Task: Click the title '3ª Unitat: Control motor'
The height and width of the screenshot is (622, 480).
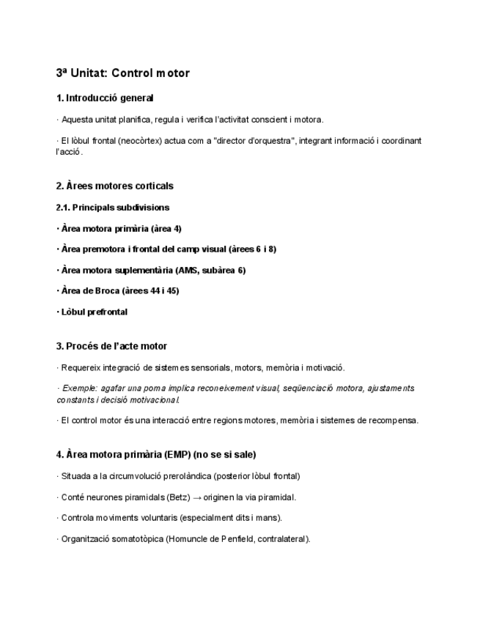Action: tap(122, 73)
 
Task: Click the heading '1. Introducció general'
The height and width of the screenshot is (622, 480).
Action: tap(105, 98)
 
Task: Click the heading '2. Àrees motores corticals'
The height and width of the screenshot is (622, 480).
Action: tap(114, 186)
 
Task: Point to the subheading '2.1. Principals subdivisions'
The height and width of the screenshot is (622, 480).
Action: tap(113, 208)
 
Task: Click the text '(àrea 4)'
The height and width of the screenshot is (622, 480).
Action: tap(166, 229)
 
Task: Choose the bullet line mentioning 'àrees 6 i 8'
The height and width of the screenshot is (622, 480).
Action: tap(166, 249)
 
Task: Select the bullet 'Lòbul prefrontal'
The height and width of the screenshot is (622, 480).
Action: tap(94, 312)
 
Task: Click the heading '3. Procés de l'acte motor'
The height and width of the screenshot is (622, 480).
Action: tap(111, 346)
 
